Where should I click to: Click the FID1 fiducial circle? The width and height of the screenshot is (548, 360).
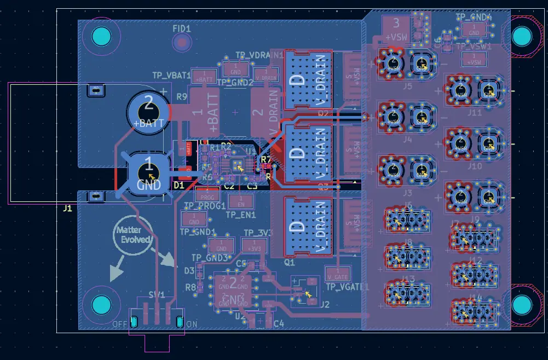click(x=181, y=42)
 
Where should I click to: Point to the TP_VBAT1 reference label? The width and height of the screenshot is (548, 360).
click(x=171, y=75)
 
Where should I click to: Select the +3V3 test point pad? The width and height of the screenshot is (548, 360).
click(x=254, y=246)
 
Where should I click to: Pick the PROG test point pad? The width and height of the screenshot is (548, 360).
click(x=207, y=194)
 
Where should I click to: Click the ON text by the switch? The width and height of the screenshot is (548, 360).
click(x=192, y=324)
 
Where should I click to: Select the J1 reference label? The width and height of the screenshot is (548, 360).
click(x=67, y=208)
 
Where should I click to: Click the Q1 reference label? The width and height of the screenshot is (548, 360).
click(x=290, y=262)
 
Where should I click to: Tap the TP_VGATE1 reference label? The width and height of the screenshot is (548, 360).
click(x=348, y=286)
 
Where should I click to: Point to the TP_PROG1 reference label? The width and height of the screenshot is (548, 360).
click(x=205, y=206)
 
